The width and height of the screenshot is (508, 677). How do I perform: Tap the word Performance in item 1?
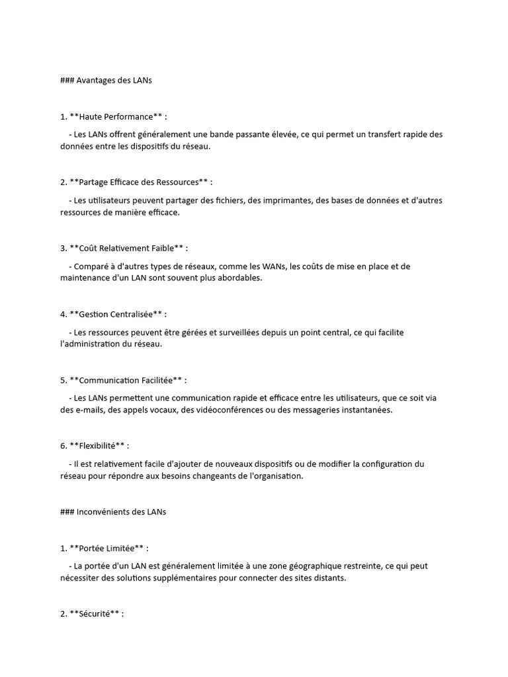click(129, 116)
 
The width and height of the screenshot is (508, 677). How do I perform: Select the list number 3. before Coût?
click(63, 248)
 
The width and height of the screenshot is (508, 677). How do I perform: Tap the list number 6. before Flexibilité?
click(63, 446)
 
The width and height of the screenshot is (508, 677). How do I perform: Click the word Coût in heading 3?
click(88, 248)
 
